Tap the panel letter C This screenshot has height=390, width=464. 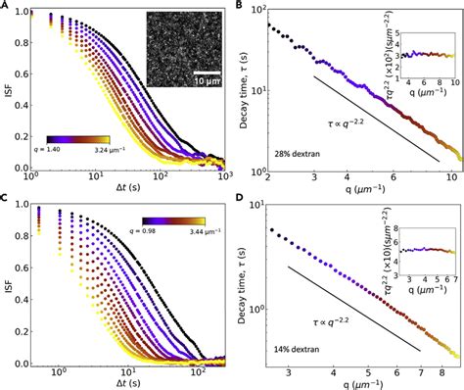[x=6, y=202]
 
